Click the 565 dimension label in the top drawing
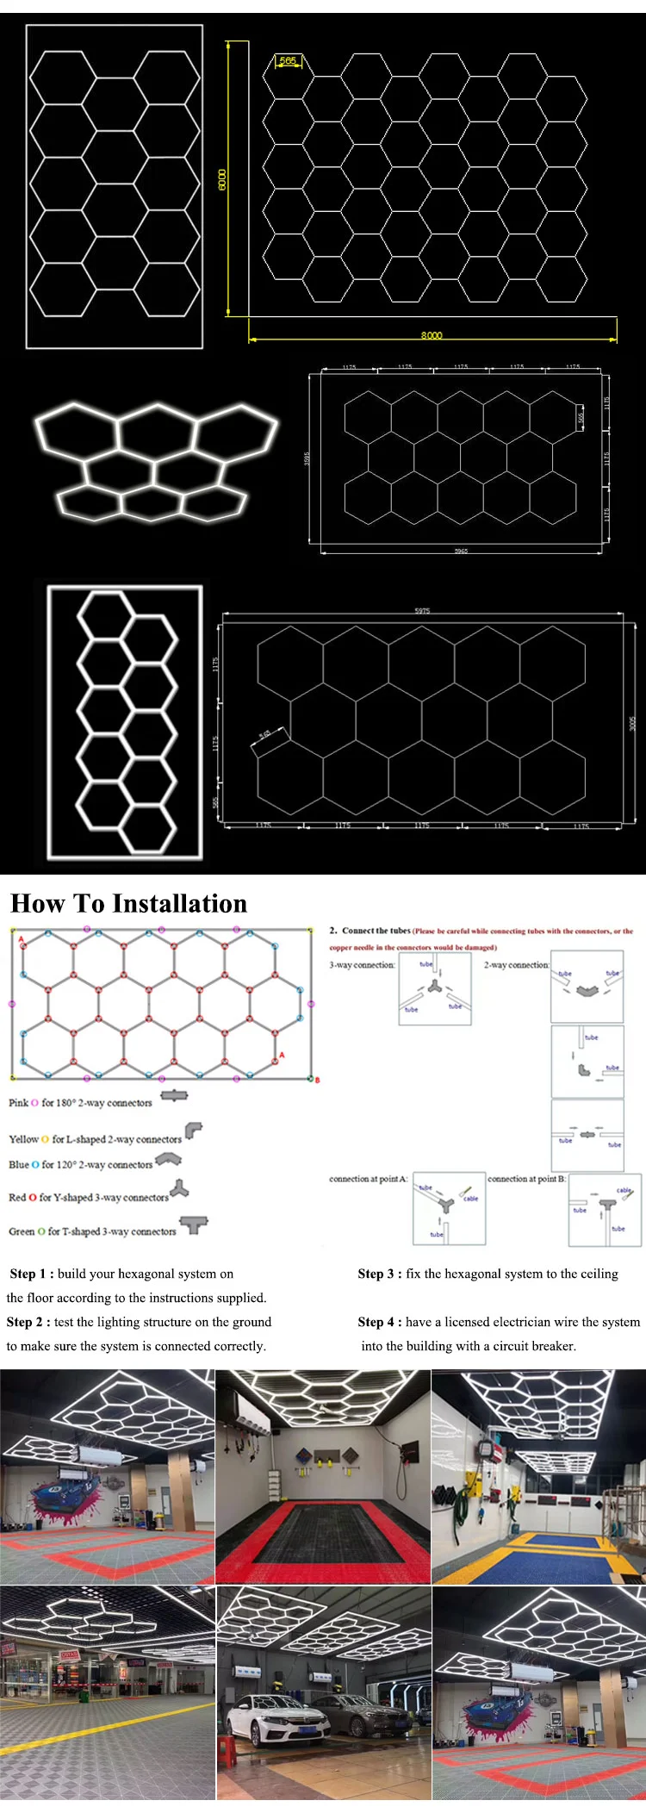(x=288, y=61)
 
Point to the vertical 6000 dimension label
(x=222, y=180)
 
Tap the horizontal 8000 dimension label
(x=432, y=335)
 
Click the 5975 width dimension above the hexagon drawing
(x=422, y=611)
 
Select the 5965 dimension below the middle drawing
(x=462, y=551)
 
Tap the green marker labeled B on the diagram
(x=312, y=1078)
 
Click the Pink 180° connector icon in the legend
(x=174, y=1096)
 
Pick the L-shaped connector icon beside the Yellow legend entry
(x=194, y=1131)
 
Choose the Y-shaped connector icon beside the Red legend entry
(x=179, y=1190)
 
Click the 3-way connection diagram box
(x=435, y=990)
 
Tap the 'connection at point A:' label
(x=368, y=1179)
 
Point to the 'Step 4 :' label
(x=380, y=1322)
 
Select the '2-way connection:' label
(x=516, y=965)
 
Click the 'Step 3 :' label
(x=380, y=1274)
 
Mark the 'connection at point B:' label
(x=526, y=1179)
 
